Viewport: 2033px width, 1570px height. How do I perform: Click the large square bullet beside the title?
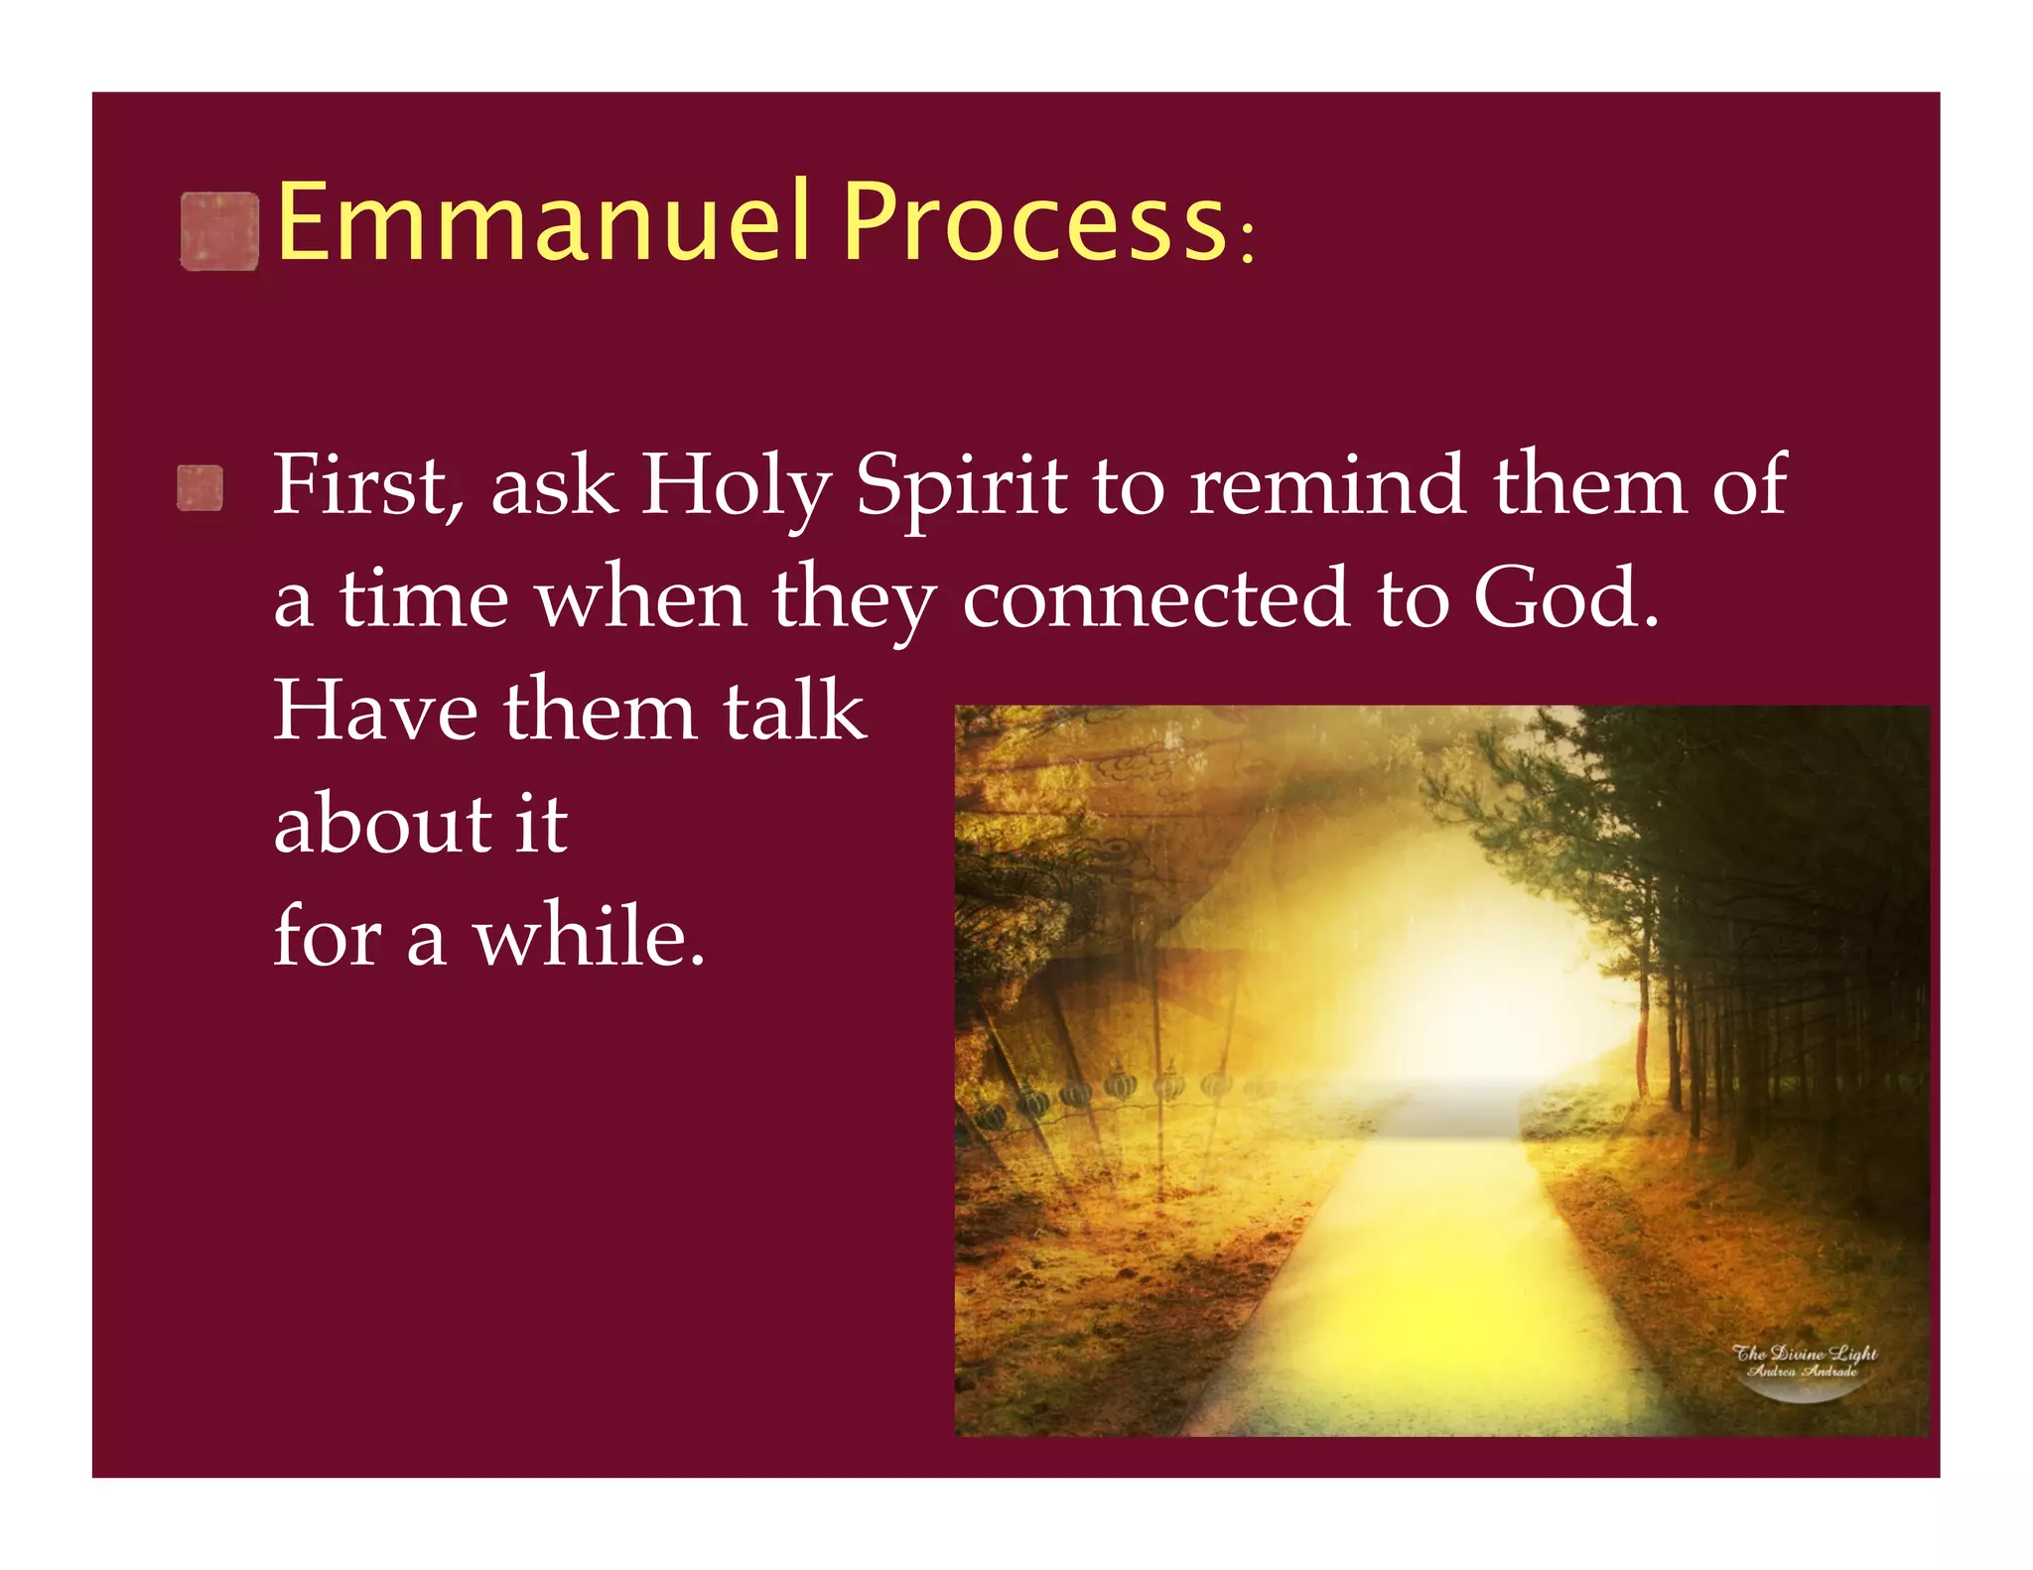tap(219, 232)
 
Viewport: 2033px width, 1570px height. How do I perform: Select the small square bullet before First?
tap(200, 488)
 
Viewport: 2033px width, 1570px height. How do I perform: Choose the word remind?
tap(1327, 486)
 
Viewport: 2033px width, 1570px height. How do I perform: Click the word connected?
tap(1156, 598)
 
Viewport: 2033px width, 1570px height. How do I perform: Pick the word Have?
tap(375, 711)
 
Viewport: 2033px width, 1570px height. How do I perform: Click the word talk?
tap(794, 711)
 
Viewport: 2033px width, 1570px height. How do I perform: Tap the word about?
tap(382, 824)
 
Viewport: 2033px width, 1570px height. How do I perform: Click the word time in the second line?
tap(424, 598)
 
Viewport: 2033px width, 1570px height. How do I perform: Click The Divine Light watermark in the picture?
tap(1804, 1361)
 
